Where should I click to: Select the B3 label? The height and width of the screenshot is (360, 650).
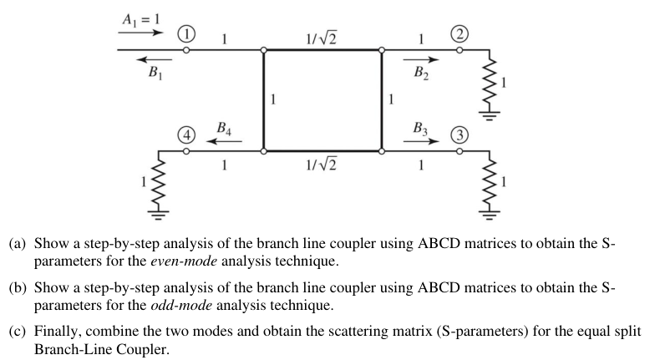pyautogui.click(x=421, y=129)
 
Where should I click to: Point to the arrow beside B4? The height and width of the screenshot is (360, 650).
pyautogui.click(x=226, y=141)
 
